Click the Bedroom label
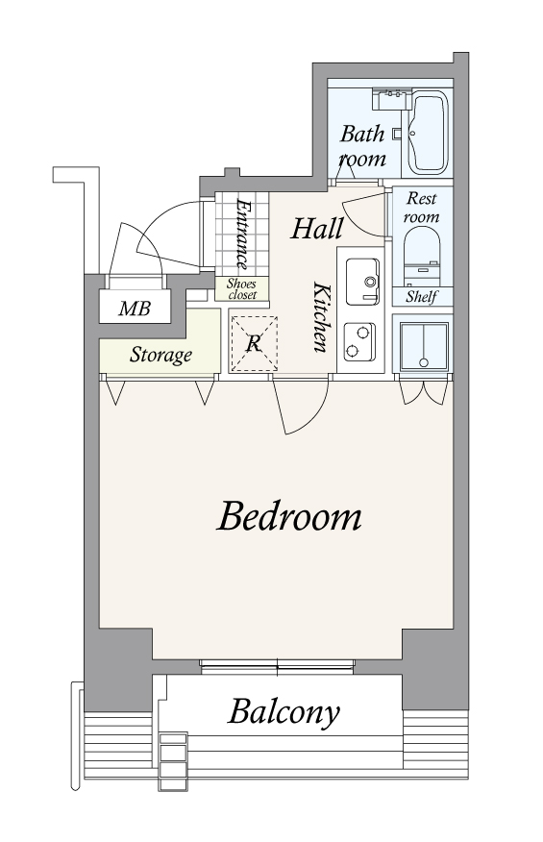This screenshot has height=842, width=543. (x=288, y=516)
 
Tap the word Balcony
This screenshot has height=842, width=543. (x=284, y=712)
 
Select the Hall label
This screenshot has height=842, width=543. (x=317, y=229)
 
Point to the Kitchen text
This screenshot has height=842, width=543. (x=320, y=317)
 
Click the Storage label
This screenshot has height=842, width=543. (x=160, y=355)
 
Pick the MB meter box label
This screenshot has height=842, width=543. (x=135, y=309)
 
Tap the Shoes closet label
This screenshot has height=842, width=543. (x=241, y=289)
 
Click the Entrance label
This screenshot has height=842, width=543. (x=243, y=235)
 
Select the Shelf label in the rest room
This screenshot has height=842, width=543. (x=422, y=296)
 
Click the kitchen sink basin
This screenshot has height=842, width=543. (x=362, y=282)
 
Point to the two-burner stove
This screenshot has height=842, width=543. (x=359, y=341)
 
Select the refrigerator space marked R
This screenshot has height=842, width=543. (x=254, y=344)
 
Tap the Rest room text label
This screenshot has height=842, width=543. (x=422, y=208)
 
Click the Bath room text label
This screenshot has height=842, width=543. (x=362, y=146)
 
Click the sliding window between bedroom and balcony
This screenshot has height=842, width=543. (x=277, y=666)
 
